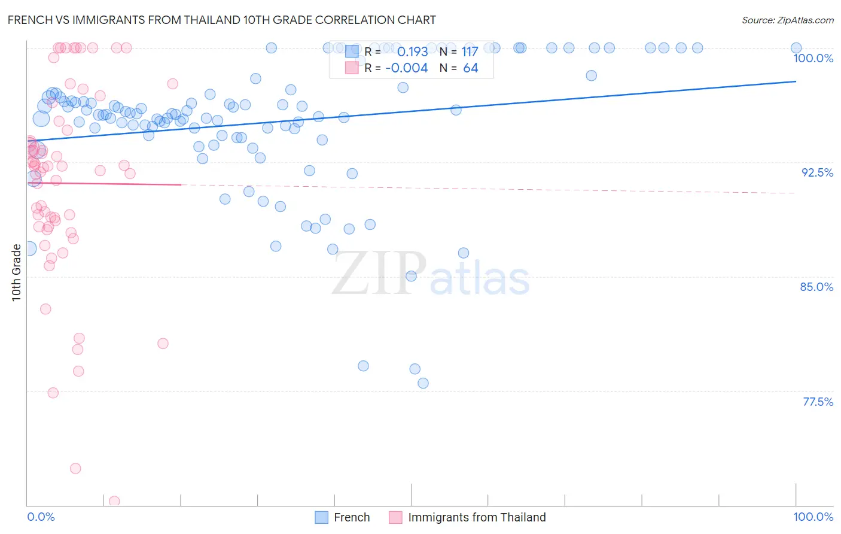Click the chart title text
coord(221,20)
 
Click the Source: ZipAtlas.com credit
coord(787,20)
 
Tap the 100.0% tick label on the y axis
coord(813,58)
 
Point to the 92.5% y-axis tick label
coord(817,172)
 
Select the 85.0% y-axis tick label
coord(816,287)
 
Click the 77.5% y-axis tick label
coord(818,402)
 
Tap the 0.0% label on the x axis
coord(41,517)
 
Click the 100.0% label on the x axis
coord(813,517)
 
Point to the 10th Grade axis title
coord(16,272)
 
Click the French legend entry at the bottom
coord(351,517)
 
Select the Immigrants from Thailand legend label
coord(477,517)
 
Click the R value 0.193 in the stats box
coord(412,52)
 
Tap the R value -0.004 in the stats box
coord(406,68)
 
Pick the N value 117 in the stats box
coord(470,52)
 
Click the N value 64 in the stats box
coord(470,68)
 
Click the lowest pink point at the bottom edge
coord(114,501)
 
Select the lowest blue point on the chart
coord(423,383)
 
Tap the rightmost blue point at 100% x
coord(796,48)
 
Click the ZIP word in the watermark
coord(379,274)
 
